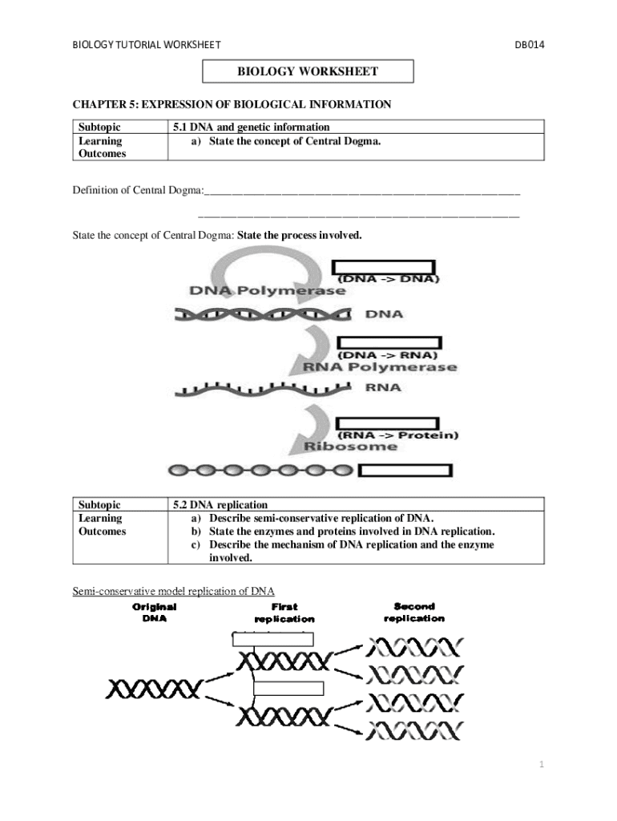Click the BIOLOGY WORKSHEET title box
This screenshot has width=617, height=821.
308,72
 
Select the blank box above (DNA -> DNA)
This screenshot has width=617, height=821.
384,267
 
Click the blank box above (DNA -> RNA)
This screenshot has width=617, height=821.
389,342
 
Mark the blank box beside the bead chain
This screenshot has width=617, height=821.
405,471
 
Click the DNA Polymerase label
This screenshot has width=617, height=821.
268,291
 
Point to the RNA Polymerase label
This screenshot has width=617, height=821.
379,367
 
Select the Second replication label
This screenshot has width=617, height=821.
414,613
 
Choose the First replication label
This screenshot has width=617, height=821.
284,613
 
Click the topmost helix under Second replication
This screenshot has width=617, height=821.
414,646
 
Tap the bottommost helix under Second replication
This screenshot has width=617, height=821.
414,730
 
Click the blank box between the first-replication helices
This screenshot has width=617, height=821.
288,688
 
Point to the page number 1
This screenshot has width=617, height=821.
542,765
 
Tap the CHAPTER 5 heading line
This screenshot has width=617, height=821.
232,104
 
